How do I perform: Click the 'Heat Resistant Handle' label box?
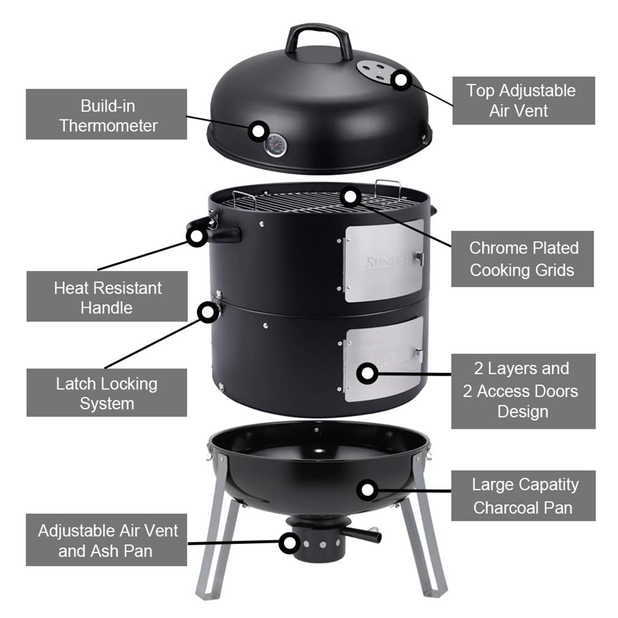tap(107, 297)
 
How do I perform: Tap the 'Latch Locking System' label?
tap(107, 393)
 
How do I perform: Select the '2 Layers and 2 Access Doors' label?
tap(523, 390)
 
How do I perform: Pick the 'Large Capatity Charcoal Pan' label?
tap(523, 496)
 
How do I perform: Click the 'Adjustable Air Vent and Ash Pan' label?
tap(106, 540)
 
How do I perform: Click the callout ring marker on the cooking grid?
tap(349, 196)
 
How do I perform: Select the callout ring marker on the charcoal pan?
tap(367, 489)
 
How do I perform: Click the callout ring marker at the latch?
tap(209, 311)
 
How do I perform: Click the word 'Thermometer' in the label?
tap(108, 125)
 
